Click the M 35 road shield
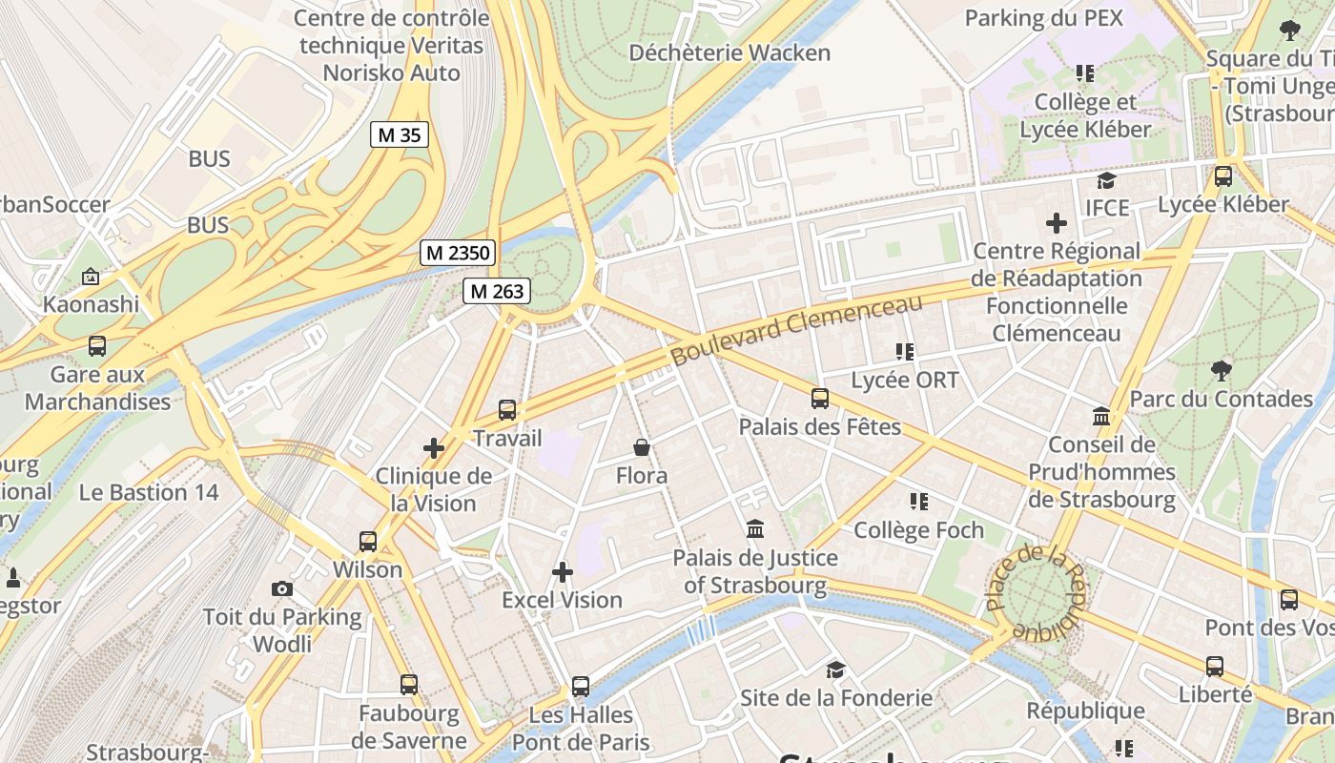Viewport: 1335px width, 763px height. (x=400, y=134)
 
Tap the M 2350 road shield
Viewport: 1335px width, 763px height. (x=458, y=253)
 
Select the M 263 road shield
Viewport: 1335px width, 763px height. (x=496, y=292)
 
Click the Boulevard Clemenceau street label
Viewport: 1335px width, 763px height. (x=796, y=329)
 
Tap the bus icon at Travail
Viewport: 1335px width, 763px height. (x=507, y=410)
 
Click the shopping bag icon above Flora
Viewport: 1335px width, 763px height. (x=642, y=446)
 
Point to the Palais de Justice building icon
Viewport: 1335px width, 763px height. (x=755, y=528)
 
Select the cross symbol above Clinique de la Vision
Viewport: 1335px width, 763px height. (x=434, y=447)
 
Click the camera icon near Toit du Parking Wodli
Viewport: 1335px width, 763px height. (x=281, y=588)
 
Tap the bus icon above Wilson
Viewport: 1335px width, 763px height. (x=368, y=542)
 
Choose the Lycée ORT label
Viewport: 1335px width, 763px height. (x=904, y=380)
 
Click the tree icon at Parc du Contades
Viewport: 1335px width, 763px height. (x=1221, y=370)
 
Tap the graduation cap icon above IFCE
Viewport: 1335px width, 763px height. (x=1106, y=180)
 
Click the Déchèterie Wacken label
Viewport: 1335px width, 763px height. (x=729, y=52)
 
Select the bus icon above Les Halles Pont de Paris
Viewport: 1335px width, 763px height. (x=580, y=686)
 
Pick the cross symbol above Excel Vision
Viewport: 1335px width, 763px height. (x=563, y=572)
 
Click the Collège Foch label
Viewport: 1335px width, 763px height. (x=917, y=529)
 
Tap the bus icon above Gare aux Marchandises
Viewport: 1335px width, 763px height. (x=97, y=346)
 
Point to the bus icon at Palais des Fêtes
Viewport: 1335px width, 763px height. (x=819, y=399)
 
